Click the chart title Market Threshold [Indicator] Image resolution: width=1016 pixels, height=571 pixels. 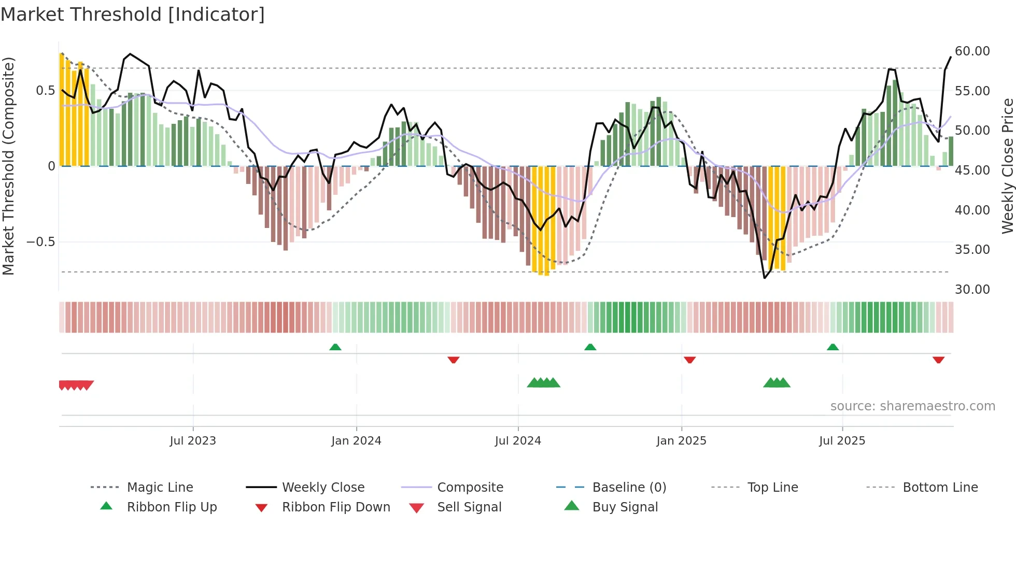point(133,15)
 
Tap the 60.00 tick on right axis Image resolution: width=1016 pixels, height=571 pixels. point(972,51)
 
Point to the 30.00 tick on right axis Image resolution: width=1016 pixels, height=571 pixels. point(972,289)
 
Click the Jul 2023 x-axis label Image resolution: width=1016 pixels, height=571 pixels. point(193,441)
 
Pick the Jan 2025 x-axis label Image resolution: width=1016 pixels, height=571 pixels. point(681,441)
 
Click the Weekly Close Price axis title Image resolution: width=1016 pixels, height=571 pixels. point(1007,166)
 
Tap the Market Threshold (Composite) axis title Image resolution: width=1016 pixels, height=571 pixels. point(8,166)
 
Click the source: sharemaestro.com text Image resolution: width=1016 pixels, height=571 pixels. point(912,406)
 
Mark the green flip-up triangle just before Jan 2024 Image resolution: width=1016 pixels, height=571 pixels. point(335,347)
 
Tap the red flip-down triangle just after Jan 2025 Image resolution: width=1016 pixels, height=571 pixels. point(689,360)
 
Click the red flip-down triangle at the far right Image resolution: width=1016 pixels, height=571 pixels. point(938,360)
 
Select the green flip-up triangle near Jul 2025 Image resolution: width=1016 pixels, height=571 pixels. point(832,347)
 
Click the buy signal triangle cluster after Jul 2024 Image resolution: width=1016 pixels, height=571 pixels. point(543,383)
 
